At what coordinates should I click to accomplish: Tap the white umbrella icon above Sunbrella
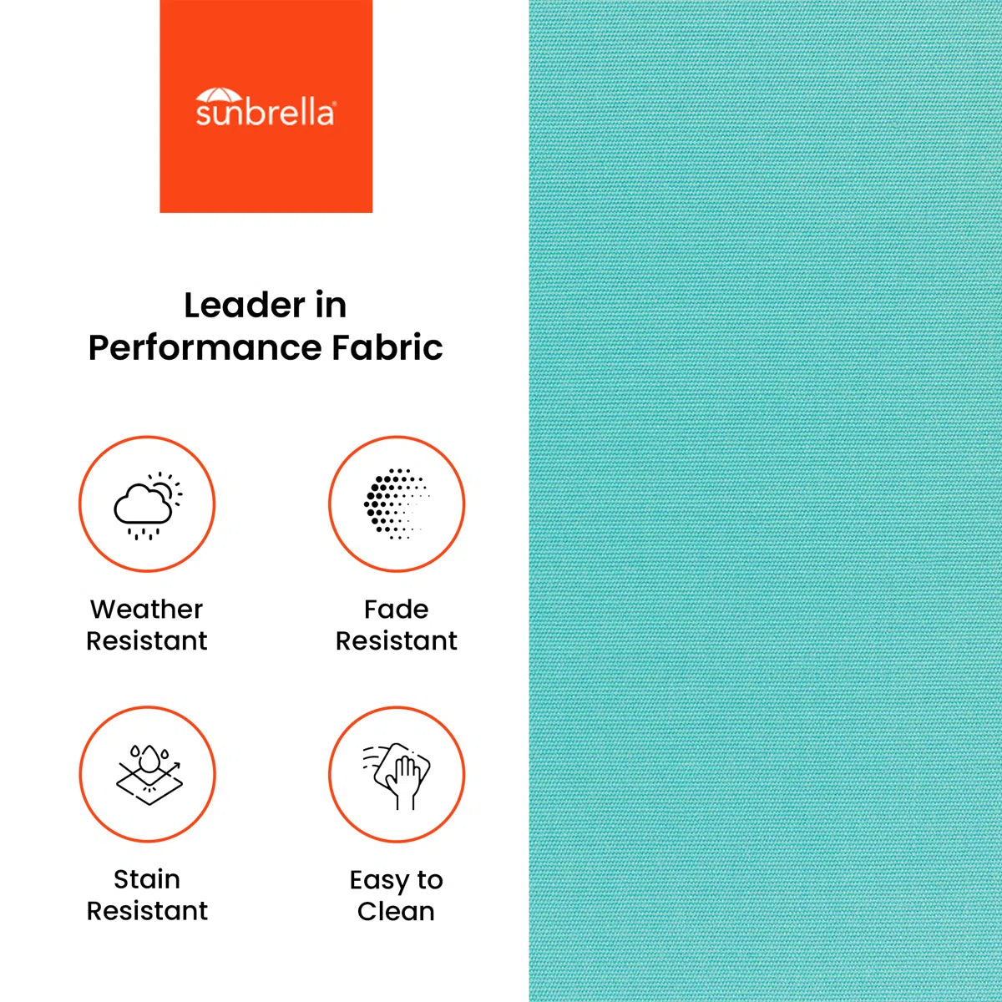(219, 95)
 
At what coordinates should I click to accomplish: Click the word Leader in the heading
(245, 306)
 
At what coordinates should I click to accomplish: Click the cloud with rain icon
(143, 510)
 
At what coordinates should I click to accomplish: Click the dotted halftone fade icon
(397, 504)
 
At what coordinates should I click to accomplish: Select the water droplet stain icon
(149, 775)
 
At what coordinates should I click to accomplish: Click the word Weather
(147, 609)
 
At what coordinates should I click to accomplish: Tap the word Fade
(397, 609)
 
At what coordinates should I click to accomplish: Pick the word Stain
(147, 879)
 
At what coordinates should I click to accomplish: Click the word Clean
(397, 912)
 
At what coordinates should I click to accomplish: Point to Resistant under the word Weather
(147, 640)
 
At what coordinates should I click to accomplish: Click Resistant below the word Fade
(397, 640)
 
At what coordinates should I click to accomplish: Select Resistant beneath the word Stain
(147, 911)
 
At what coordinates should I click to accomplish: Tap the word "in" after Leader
(331, 306)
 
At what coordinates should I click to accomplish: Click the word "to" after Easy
(429, 880)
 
